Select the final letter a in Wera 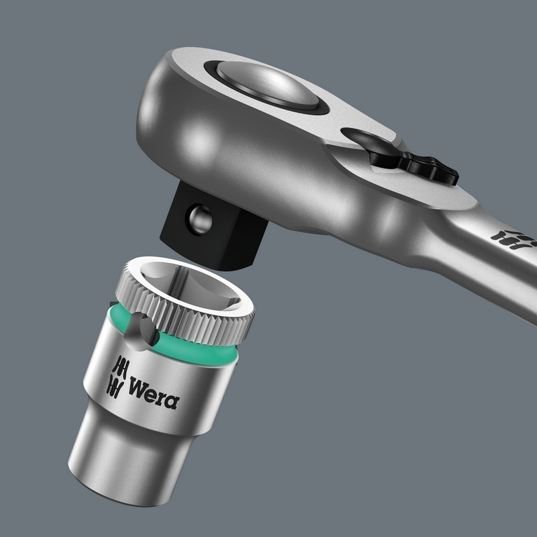tap(172, 401)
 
